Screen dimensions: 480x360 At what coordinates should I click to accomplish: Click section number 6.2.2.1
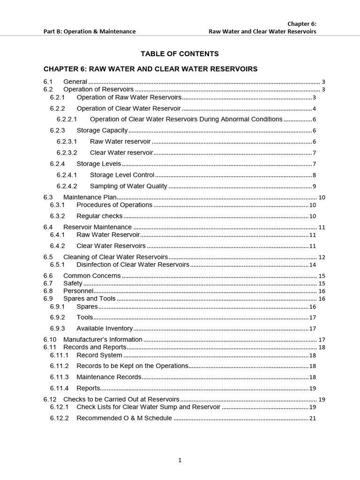pos(67,119)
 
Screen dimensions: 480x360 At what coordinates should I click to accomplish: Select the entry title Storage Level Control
pos(122,175)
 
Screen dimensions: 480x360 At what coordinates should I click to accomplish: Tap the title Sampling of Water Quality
pos(128,186)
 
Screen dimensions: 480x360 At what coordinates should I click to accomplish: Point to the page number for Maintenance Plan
pos(322,197)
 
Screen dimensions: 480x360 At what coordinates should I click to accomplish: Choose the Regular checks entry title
pos(99,216)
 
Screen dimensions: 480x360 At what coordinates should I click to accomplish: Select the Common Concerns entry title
pos(92,276)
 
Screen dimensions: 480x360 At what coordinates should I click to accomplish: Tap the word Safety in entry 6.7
pos(73,283)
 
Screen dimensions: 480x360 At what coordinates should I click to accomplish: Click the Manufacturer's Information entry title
pos(103,339)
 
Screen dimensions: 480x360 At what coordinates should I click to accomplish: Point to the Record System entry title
pos(99,355)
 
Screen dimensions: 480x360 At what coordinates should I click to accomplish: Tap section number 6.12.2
pos(59,418)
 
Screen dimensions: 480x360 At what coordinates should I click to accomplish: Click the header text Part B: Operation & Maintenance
pos(90,31)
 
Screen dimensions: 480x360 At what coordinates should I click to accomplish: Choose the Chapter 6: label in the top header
pos(302,23)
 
